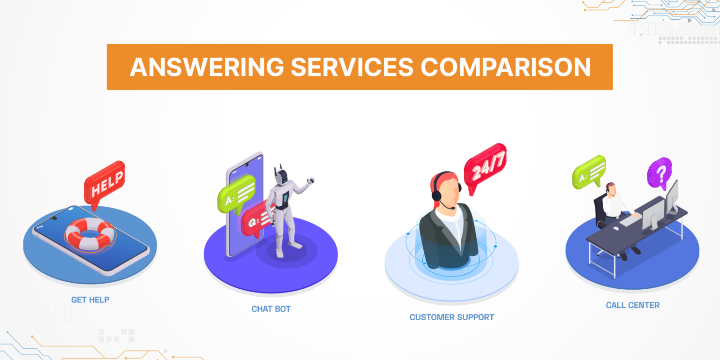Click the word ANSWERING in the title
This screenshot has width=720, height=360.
[206, 67]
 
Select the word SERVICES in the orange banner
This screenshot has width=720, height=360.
[352, 67]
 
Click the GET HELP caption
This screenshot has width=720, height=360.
[90, 300]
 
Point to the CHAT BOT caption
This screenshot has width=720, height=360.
[271, 309]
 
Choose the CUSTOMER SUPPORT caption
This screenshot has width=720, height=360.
[451, 317]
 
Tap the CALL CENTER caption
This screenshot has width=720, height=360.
[632, 305]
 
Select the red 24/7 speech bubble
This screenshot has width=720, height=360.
[485, 168]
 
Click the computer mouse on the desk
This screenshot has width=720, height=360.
[616, 228]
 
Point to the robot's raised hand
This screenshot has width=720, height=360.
[309, 180]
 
